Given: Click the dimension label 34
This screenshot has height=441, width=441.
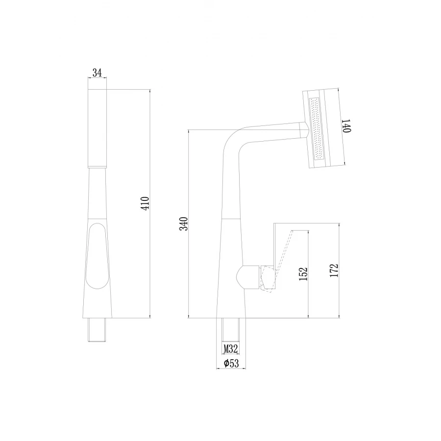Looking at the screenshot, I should (97, 73).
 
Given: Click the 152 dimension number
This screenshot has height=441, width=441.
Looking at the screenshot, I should (303, 274).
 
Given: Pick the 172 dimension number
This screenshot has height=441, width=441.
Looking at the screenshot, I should (335, 270).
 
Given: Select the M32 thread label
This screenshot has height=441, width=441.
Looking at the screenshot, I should (231, 349).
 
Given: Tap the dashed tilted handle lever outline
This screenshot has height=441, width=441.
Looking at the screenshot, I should (283, 255).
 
